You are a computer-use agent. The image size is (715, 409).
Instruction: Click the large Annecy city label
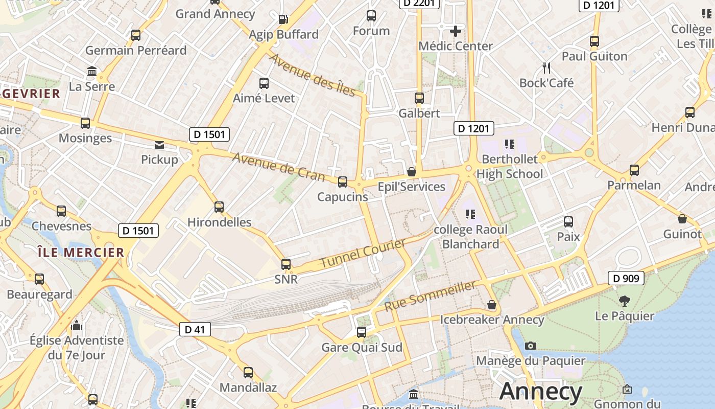(x=541, y=391)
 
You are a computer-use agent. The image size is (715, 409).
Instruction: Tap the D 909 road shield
(x=626, y=279)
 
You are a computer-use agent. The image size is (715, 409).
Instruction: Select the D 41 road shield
(x=195, y=329)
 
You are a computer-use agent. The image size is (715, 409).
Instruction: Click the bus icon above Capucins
(x=343, y=181)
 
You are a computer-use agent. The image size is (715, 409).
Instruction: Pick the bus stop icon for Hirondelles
(x=219, y=207)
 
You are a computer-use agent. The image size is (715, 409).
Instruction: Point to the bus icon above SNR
(x=286, y=264)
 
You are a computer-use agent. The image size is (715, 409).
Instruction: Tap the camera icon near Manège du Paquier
(x=531, y=346)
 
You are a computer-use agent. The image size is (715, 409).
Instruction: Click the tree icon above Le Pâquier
(x=624, y=301)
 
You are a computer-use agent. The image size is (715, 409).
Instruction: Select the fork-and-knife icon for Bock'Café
(x=546, y=67)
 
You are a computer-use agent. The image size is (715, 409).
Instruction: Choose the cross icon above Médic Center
(x=456, y=31)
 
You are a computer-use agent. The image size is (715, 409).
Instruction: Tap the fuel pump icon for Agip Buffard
(x=283, y=19)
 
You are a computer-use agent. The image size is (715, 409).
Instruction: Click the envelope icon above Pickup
(x=160, y=145)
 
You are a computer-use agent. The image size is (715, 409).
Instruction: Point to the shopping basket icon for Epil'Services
(x=411, y=172)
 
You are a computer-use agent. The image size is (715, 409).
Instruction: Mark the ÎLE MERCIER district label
(x=81, y=252)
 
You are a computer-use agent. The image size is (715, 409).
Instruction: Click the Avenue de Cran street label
(x=279, y=167)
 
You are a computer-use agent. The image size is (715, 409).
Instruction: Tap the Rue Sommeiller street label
(x=430, y=296)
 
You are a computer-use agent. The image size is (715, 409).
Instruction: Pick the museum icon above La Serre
(x=92, y=71)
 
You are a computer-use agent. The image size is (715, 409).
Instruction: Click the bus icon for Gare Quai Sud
(x=362, y=332)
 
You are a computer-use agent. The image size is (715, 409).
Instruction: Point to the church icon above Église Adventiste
(x=77, y=325)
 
